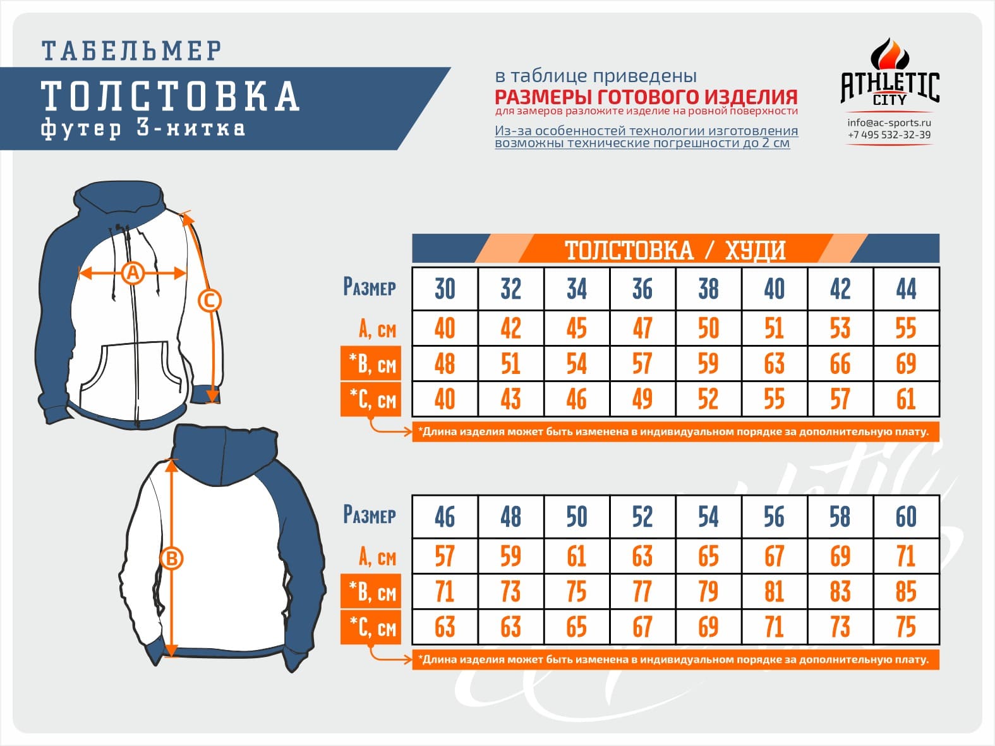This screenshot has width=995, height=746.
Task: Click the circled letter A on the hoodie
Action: point(133,274)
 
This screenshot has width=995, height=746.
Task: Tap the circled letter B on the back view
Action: point(172,559)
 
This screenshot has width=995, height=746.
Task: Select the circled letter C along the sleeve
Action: point(210,301)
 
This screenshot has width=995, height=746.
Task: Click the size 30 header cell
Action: point(445,289)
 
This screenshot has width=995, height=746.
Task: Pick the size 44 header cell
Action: point(906,289)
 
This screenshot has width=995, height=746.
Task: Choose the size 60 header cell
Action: point(906,517)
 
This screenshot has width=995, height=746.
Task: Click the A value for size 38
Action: point(708,328)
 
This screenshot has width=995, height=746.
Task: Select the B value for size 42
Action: point(840,364)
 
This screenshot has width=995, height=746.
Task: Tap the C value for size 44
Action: point(906,399)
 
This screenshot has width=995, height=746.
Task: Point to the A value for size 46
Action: point(445,556)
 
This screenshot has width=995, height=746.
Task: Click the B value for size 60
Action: point(906,592)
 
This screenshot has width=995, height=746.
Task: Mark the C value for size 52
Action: point(642,627)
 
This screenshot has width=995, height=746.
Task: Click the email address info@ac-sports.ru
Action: point(889,123)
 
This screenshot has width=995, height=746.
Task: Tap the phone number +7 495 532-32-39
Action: point(889,135)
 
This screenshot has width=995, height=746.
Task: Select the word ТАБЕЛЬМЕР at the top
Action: point(131,51)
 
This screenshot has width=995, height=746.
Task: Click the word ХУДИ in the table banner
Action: point(755,251)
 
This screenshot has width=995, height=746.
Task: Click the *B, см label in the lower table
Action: point(371,591)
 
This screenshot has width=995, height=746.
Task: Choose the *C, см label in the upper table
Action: point(371,399)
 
